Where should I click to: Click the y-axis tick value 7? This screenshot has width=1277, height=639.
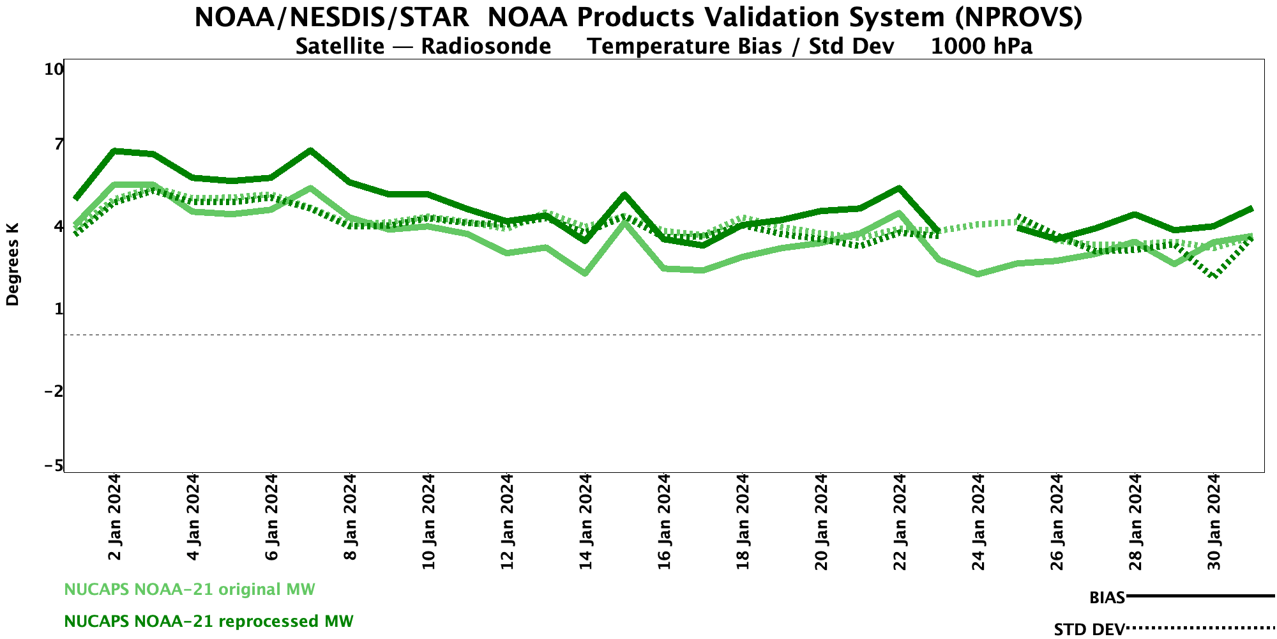coord(59,144)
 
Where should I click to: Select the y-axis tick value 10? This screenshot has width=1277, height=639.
coord(54,69)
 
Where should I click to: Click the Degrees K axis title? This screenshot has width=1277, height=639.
coord(13,264)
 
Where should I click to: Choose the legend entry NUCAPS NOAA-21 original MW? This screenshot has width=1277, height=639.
coord(190,589)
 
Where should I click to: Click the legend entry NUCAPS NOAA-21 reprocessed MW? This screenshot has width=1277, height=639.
coord(209,621)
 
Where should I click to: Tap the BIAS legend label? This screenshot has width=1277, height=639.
coord(1107,598)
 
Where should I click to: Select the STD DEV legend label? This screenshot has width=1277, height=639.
coord(1089,629)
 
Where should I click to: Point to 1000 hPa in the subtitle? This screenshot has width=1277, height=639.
coord(981,47)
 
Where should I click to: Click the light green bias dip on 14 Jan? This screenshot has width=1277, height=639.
coord(585,273)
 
